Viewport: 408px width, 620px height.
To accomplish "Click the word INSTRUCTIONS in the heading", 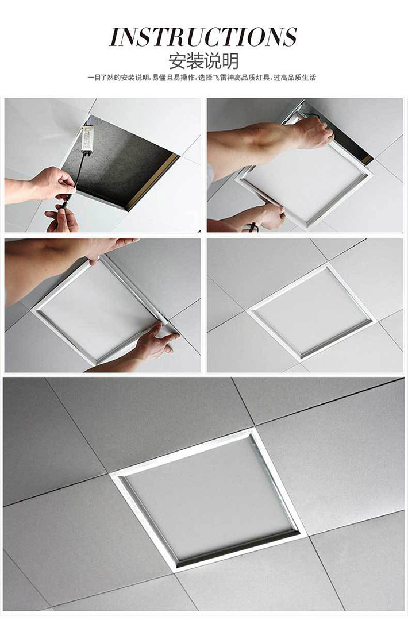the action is (x=203, y=37).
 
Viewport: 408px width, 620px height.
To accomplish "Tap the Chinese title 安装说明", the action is (x=203, y=61).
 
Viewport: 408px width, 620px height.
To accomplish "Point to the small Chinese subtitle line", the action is (x=202, y=78).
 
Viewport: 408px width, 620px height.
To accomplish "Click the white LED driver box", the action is (x=87, y=139).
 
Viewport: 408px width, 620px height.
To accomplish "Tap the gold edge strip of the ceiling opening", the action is (x=152, y=182).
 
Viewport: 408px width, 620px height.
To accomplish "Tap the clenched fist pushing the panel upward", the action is (x=313, y=133).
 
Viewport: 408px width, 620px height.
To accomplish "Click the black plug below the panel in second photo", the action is (x=252, y=228).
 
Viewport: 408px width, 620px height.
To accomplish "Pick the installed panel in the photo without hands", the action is (x=310, y=311).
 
